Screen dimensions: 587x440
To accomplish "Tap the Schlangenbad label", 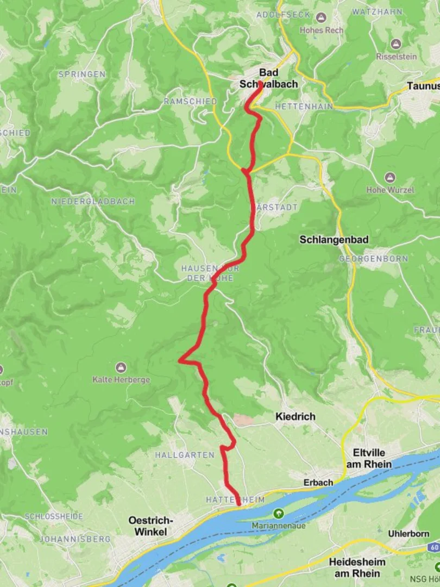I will (x=334, y=240).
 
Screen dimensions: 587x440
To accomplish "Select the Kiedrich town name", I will (x=295, y=416).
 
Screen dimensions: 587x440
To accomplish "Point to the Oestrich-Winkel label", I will (x=148, y=526).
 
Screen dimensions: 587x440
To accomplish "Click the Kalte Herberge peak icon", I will (x=121, y=367).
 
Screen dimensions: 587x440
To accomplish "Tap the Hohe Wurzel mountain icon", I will (x=389, y=178).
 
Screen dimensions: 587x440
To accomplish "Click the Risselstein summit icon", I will (x=396, y=43).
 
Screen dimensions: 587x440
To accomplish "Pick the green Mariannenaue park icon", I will (x=279, y=513).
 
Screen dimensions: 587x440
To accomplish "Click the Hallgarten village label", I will (x=185, y=454).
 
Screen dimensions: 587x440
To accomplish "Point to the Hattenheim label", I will (x=235, y=499).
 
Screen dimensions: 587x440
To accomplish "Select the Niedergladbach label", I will (x=93, y=201).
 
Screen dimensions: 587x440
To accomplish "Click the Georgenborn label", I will (x=373, y=259).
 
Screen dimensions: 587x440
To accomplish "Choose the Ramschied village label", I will (x=190, y=102).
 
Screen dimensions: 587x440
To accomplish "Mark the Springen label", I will (x=82, y=74).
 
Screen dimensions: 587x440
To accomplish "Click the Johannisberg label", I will (x=75, y=539).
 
